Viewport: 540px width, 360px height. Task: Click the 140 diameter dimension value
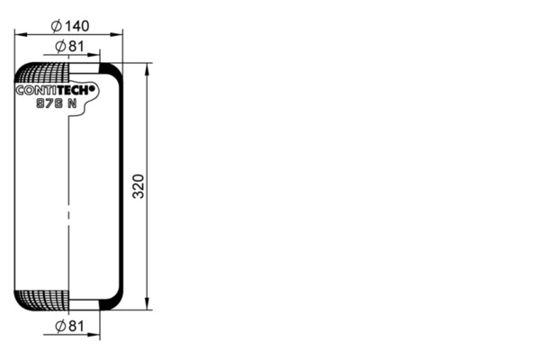point(76,26)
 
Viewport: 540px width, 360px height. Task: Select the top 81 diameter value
point(76,46)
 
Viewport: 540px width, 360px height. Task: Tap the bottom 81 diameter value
point(76,326)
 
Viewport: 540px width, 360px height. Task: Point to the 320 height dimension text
point(139,186)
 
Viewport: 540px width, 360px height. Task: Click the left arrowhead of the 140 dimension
point(21,34)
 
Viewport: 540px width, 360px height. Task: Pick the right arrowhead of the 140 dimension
point(116,34)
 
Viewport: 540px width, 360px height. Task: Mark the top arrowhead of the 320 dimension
point(147,69)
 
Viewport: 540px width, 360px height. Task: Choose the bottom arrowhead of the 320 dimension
point(147,303)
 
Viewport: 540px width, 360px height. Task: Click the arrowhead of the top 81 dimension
point(94,55)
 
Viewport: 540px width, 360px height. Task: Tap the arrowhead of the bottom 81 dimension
point(94,334)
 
